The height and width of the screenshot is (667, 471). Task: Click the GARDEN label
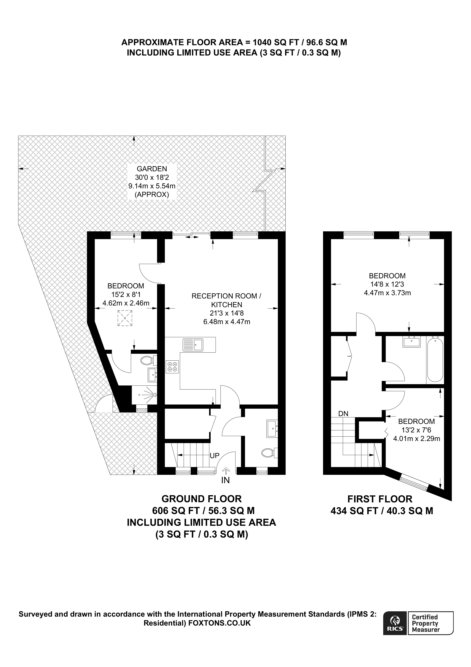click(152, 169)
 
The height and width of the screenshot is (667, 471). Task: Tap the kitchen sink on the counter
click(193, 345)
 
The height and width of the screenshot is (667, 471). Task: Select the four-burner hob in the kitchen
click(172, 366)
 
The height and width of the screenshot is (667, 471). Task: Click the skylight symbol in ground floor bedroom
click(125, 318)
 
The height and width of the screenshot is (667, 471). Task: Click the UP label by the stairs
click(215, 456)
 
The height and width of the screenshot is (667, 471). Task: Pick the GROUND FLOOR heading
click(202, 499)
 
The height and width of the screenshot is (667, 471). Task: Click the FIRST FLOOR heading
click(380, 499)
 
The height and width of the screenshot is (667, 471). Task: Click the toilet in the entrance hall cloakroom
click(270, 453)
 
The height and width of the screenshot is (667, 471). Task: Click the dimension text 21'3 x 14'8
click(227, 313)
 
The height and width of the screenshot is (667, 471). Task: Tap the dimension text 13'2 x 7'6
click(416, 430)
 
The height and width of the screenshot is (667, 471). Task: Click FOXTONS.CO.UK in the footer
click(220, 623)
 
